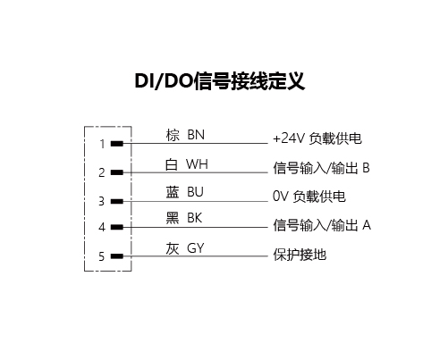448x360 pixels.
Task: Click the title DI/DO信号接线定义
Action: point(220,81)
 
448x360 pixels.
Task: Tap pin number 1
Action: point(103,144)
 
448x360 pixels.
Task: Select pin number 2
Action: point(102,172)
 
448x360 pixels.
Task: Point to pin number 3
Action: point(102,202)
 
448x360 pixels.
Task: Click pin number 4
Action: point(102,228)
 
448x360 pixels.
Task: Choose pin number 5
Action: point(102,256)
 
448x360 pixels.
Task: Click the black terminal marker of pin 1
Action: point(117,144)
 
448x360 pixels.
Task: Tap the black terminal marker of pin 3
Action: point(117,202)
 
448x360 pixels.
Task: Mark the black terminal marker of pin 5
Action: point(117,256)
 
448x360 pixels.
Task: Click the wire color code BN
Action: point(196,135)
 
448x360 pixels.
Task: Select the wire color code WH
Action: point(197,164)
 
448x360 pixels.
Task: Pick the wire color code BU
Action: point(195,192)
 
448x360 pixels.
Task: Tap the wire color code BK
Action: point(195,218)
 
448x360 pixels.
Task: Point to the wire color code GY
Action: point(196,248)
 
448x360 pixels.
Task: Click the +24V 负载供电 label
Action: point(317,138)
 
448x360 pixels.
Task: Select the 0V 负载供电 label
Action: point(309,197)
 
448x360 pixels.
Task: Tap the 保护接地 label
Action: point(300,255)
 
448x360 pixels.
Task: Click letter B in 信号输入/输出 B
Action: point(366,168)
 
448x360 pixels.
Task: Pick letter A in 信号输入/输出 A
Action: point(367,225)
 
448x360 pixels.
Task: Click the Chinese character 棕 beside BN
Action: point(173,135)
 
